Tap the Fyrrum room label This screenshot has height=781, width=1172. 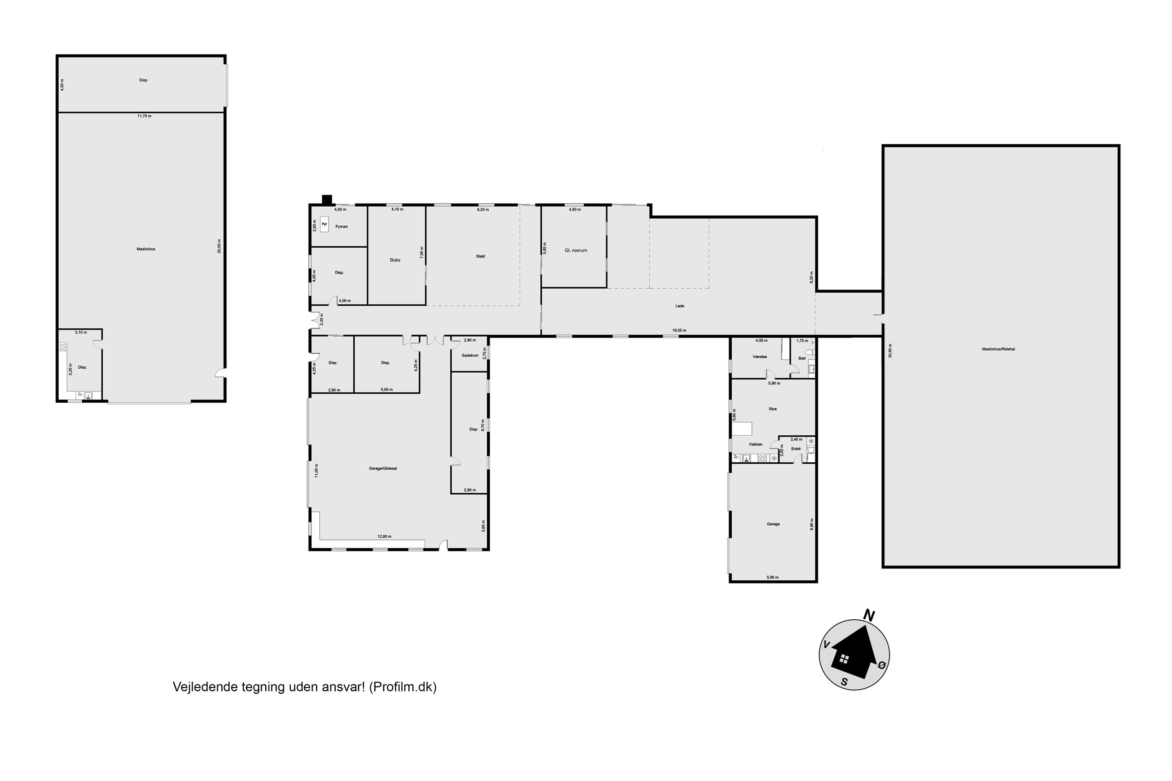pyautogui.click(x=341, y=226)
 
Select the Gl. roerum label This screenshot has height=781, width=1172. pyautogui.click(x=575, y=251)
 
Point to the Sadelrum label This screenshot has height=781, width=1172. pyautogui.click(x=470, y=356)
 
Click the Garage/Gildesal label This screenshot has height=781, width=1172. pyautogui.click(x=383, y=469)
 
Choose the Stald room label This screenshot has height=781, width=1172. pyautogui.click(x=481, y=257)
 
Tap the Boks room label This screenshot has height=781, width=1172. pyautogui.click(x=395, y=260)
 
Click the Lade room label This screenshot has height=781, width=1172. pyautogui.click(x=680, y=306)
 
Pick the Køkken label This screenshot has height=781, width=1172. pyautogui.click(x=756, y=444)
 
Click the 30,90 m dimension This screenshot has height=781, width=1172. pyautogui.click(x=890, y=351)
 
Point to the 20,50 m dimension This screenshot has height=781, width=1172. pyautogui.click(x=219, y=246)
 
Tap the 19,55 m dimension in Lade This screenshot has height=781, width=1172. pyautogui.click(x=679, y=330)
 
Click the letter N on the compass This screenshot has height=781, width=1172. pyautogui.click(x=869, y=616)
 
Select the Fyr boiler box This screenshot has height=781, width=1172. pyautogui.click(x=324, y=225)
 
